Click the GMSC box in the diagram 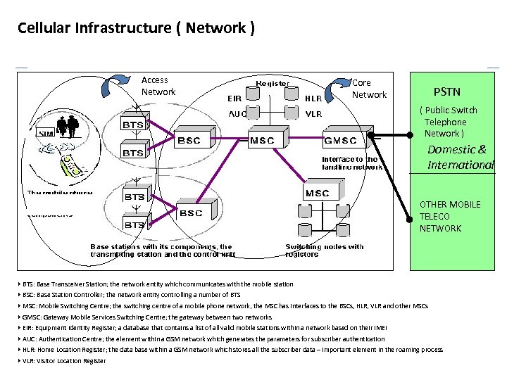pyautogui.click(x=340, y=140)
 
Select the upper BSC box pyautogui.click(x=189, y=140)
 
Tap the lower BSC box pyautogui.click(x=191, y=213)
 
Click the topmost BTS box pyautogui.click(x=134, y=125)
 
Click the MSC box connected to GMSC pyautogui.click(x=262, y=140)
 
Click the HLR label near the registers pyautogui.click(x=313, y=99)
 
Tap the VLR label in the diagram pyautogui.click(x=313, y=113)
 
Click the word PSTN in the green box pyautogui.click(x=446, y=91)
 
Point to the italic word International pyautogui.click(x=461, y=165)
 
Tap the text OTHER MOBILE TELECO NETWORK pyautogui.click(x=449, y=216)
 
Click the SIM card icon pyautogui.click(x=46, y=134)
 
